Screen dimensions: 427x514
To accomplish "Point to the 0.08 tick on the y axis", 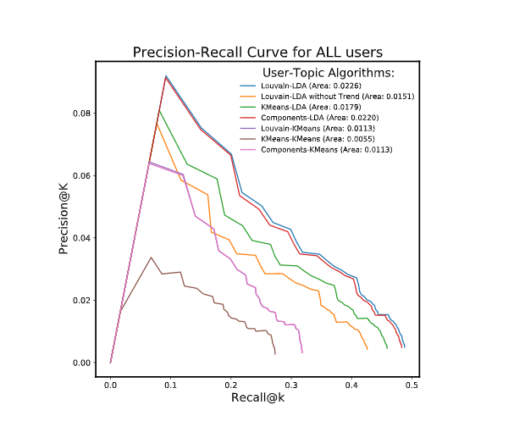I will [x=82, y=114].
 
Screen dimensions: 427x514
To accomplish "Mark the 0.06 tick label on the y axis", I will [x=82, y=176].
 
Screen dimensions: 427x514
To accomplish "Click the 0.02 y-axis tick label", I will [x=82, y=301].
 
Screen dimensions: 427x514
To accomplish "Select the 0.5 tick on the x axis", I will [x=412, y=384].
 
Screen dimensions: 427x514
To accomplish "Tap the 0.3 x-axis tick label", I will [x=291, y=384].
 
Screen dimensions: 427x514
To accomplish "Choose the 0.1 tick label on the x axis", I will [x=170, y=384].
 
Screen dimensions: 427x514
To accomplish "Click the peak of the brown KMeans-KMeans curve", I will [x=151, y=258].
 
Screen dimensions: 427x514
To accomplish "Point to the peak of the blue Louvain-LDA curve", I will [x=166, y=76].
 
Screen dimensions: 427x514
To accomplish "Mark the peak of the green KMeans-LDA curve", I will [x=159, y=110].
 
